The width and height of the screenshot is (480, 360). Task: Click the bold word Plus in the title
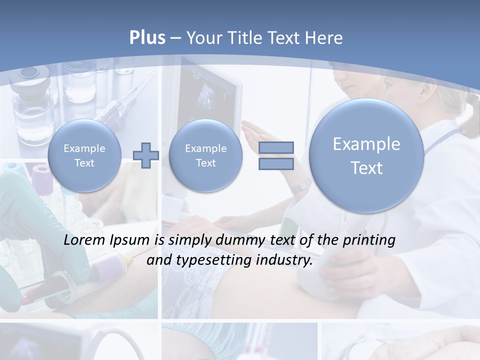point(147,38)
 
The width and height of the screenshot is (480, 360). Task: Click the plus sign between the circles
point(146,155)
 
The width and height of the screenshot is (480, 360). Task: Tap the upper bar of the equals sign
point(276,147)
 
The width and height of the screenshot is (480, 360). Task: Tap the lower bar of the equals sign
point(276,164)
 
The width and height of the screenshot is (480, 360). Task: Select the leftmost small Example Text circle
point(84,155)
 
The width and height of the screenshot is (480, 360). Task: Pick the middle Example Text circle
point(205,155)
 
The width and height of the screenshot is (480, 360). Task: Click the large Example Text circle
point(366,155)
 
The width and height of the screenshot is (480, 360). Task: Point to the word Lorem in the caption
point(82,240)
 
